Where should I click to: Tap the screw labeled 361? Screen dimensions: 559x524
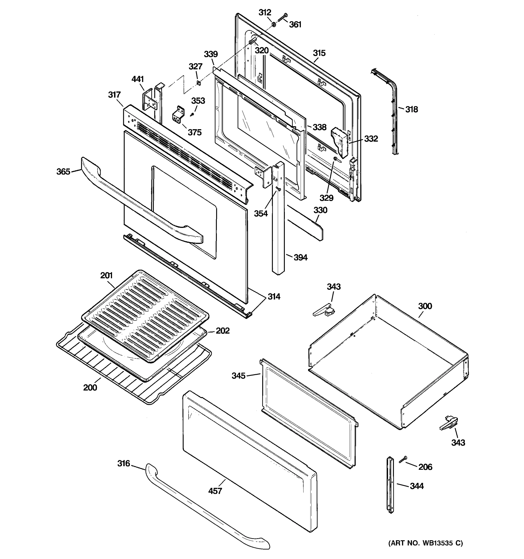click(x=282, y=17)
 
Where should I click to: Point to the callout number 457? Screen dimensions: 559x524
click(x=215, y=491)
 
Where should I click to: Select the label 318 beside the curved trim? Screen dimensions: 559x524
click(x=412, y=109)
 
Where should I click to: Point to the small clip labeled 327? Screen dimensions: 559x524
click(x=198, y=83)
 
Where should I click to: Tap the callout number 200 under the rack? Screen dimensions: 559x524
click(x=90, y=388)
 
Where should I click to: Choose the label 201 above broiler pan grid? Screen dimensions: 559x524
click(x=106, y=276)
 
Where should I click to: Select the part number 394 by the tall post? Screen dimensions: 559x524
click(x=300, y=257)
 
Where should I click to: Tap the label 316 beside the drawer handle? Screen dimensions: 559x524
click(x=124, y=464)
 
